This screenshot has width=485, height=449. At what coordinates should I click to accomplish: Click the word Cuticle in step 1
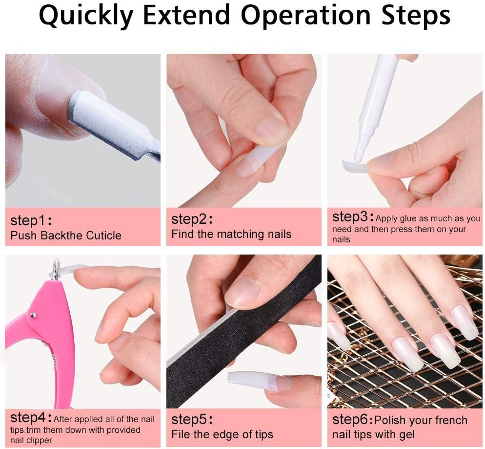103,235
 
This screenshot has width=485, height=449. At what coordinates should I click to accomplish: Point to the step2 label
191,218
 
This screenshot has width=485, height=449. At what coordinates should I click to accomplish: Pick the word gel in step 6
405,434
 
